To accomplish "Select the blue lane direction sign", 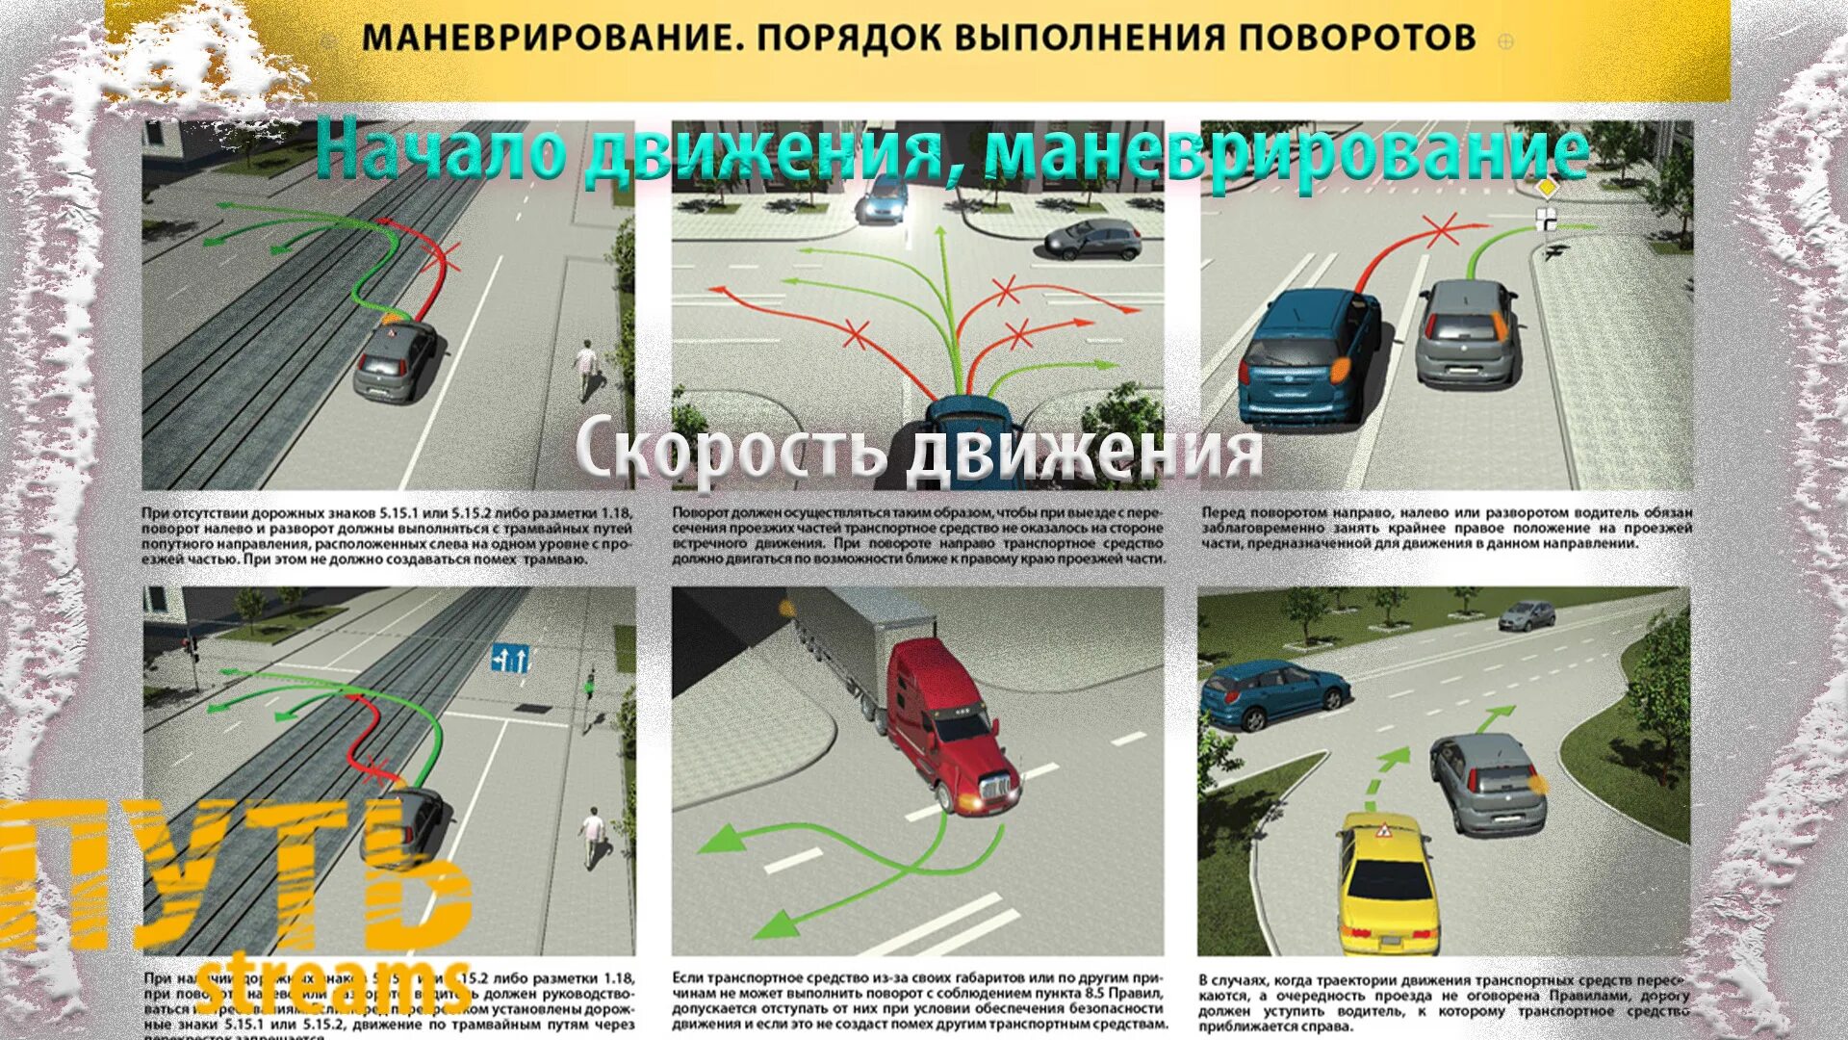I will click(510, 659).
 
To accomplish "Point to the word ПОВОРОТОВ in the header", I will click(1356, 39).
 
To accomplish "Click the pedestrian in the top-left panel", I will click(586, 369).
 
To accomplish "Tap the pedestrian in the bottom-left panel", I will click(591, 836).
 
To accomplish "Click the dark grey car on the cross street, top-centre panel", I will click(1093, 239).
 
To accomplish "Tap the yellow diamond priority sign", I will click(1547, 187).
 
